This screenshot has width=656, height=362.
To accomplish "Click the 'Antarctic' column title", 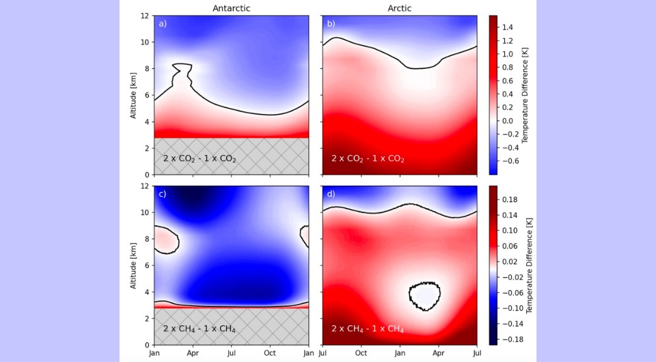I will coord(232,8).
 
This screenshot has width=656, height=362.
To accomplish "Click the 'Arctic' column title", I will coord(399,8).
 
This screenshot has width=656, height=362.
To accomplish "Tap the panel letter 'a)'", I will coord(163,24).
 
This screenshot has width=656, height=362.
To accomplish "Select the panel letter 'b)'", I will coord(331,24).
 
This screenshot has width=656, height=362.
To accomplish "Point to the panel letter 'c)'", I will coord(163,194).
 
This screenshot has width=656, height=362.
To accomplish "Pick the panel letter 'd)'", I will coord(331,194).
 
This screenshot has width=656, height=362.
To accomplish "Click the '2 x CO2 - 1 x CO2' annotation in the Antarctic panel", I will coord(200,158).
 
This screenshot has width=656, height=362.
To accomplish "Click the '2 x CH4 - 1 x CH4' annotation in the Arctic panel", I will coord(368,329).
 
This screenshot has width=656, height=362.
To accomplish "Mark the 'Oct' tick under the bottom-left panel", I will coord(270,354).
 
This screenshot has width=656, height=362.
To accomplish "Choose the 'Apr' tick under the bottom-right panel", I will coord(438,354).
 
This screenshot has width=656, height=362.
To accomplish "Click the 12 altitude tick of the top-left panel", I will coord(146,15).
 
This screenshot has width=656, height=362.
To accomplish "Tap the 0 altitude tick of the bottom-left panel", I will coord(148,345).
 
